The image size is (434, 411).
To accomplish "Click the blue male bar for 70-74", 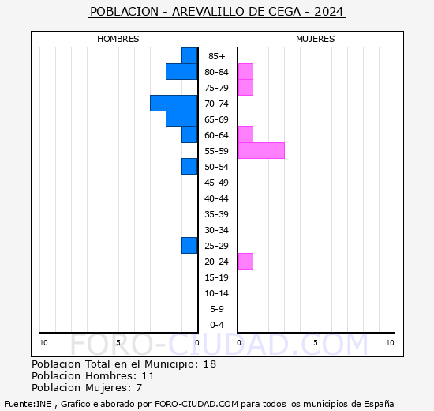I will point(174,103).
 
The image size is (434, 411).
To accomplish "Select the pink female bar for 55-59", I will point(260,150).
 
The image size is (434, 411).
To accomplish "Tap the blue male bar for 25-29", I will point(189,245).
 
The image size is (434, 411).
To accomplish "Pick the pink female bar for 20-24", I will point(245,261).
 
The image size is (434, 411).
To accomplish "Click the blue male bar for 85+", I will point(189,55).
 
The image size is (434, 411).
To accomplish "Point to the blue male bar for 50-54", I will point(189,166).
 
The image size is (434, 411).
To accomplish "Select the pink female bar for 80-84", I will point(245,71).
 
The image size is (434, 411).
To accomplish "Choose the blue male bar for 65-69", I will point(181,119).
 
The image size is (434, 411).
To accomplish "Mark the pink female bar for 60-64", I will point(245,134).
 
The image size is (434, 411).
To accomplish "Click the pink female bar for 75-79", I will point(245,87).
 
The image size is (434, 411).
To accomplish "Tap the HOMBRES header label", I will point(118,39).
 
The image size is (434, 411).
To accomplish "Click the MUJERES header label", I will point(316,39).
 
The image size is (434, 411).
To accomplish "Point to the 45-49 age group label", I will point(217,183).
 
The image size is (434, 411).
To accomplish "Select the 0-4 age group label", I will point(217,325).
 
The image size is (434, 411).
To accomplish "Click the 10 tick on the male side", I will point(44,342).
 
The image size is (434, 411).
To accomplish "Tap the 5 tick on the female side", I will point(316,342).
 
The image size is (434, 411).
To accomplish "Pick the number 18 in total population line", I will point(209,364).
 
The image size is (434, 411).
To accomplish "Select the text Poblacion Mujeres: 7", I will point(87,387).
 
